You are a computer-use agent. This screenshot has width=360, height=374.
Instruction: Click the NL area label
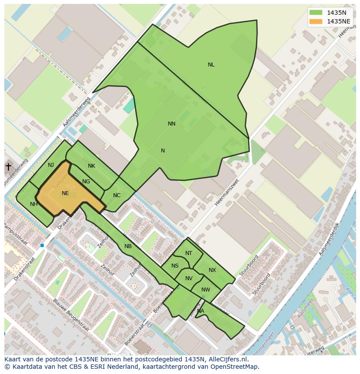coord(211,65)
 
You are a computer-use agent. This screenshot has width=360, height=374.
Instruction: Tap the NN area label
coord(172,124)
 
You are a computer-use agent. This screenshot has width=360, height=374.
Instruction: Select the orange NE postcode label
coord(65,193)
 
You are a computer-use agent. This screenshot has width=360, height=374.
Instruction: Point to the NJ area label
coord(51,165)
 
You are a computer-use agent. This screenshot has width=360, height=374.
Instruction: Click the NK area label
coord(91,166)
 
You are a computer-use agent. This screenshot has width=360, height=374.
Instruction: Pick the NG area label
coord(86,182)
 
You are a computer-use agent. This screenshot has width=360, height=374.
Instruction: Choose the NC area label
coord(117,195)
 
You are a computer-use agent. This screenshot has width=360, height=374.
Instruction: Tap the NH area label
coord(33,204)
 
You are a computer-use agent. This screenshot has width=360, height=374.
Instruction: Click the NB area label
coord(128,246)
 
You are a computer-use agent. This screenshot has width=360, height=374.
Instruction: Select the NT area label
coord(188,253)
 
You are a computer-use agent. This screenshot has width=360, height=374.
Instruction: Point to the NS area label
coord(175,266)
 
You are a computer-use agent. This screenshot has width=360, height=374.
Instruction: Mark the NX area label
coord(212,270)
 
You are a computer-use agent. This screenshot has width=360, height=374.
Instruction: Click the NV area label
coord(189,278)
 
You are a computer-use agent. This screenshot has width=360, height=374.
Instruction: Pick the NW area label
coord(206,290)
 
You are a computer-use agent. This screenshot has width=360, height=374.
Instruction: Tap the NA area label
coord(200,311)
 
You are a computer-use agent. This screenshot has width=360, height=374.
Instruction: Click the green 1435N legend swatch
coord(316,13)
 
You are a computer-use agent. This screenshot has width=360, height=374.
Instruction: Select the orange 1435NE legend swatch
coord(316,21)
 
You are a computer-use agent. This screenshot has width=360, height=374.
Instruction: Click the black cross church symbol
coord(8,166)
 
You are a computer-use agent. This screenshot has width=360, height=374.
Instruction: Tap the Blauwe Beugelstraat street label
coord(71,315)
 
